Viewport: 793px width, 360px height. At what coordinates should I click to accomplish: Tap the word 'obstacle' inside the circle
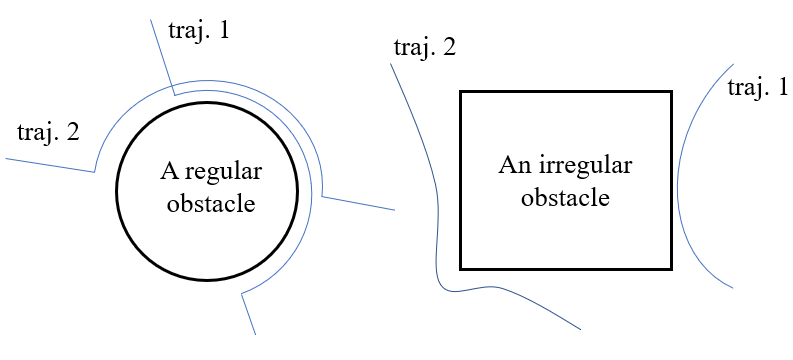(x=211, y=204)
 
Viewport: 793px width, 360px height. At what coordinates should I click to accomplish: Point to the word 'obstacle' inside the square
(x=566, y=198)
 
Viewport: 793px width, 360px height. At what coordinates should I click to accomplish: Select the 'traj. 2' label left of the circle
(x=48, y=131)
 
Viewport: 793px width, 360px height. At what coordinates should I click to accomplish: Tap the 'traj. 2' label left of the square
(x=425, y=47)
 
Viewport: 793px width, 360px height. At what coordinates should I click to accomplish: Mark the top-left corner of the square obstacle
(x=460, y=92)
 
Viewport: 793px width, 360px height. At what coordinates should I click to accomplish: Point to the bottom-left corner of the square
(x=460, y=268)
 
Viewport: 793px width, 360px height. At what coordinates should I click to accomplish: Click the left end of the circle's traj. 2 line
(x=6, y=158)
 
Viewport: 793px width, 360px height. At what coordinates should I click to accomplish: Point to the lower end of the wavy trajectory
(x=580, y=330)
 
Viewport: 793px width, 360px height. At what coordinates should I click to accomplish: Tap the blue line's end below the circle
(x=256, y=334)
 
